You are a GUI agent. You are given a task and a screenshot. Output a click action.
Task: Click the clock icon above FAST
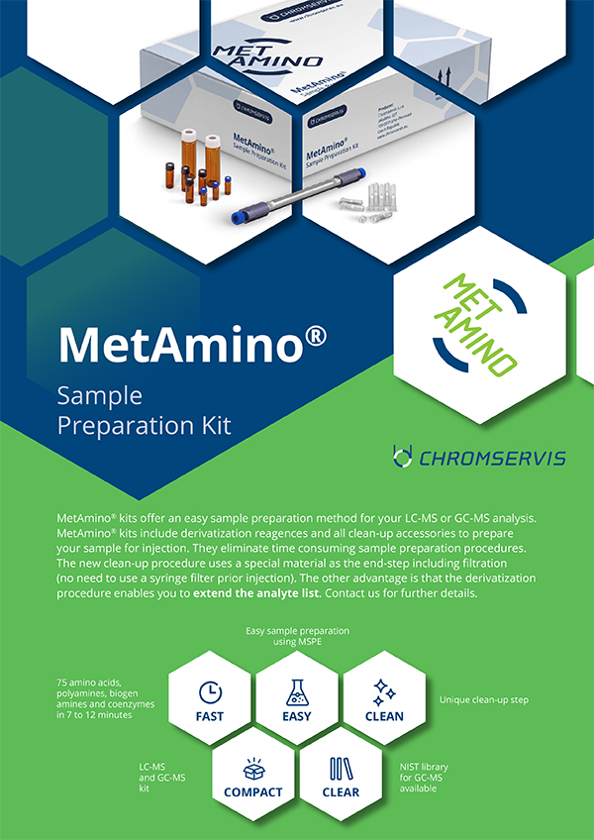210,691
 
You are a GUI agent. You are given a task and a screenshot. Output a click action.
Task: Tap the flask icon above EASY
297,691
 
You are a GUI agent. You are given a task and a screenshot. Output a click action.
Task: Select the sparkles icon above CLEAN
384,691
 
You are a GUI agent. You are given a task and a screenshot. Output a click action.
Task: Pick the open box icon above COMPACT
252,768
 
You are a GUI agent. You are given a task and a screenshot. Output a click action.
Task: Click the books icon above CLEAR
341,768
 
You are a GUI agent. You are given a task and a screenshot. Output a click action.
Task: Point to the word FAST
210,716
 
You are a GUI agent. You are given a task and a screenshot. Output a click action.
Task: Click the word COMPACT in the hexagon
252,792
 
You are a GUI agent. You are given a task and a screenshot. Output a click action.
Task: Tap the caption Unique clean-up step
483,699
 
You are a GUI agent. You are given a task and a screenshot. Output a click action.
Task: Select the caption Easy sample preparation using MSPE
297,635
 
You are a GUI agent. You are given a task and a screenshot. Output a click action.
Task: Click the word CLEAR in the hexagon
341,792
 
